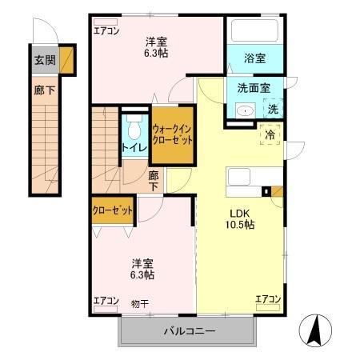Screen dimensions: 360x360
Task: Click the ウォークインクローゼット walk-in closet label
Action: tap(173, 134)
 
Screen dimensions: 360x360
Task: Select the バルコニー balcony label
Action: tap(190, 330)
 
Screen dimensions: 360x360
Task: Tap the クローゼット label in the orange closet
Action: tap(111, 210)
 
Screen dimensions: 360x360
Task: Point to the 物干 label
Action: tap(139, 302)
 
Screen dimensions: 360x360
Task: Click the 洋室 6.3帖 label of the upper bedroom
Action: tap(156, 47)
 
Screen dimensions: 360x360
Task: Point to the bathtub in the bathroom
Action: tap(254, 31)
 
